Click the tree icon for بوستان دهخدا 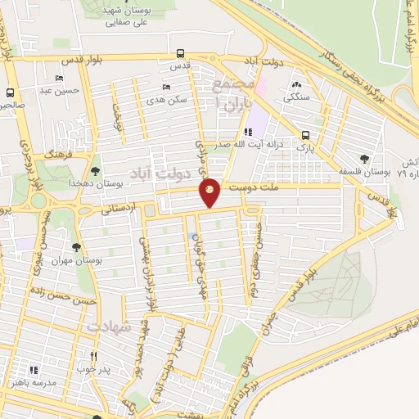point(97,171)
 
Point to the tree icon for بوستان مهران point(75,246)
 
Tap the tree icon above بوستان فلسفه point(364,159)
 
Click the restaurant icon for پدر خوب point(93,356)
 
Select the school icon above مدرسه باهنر point(34,369)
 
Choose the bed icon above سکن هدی point(167,87)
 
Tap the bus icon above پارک point(305,135)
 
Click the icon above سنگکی point(295,83)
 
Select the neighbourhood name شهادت point(107,327)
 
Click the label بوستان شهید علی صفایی point(115,16)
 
